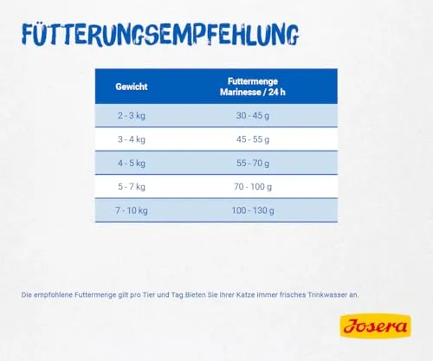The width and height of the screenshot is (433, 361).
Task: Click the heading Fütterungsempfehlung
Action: pos(160,35)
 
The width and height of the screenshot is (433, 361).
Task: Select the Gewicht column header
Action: pos(132,87)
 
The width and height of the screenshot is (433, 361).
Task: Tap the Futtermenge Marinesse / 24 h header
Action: pos(253,87)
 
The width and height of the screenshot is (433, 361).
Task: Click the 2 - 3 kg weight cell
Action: pos(132,116)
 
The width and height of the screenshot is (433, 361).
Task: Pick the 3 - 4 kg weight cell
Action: pos(132,139)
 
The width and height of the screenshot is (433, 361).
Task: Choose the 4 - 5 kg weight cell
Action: pos(132,164)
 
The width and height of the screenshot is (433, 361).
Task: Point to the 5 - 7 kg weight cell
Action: pos(132,187)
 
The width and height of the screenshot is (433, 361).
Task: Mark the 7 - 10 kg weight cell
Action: pos(132,210)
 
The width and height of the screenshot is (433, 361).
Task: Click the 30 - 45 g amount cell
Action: pos(253,116)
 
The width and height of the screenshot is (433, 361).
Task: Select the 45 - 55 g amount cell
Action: pos(253,139)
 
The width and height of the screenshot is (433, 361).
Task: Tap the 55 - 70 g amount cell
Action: pos(253,164)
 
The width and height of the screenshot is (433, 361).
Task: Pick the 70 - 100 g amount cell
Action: pos(253,187)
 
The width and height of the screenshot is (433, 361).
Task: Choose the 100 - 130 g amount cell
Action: pos(253,210)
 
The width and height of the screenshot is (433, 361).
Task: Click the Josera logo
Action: pos(376,326)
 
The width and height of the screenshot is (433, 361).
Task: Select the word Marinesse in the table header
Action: pos(241,92)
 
